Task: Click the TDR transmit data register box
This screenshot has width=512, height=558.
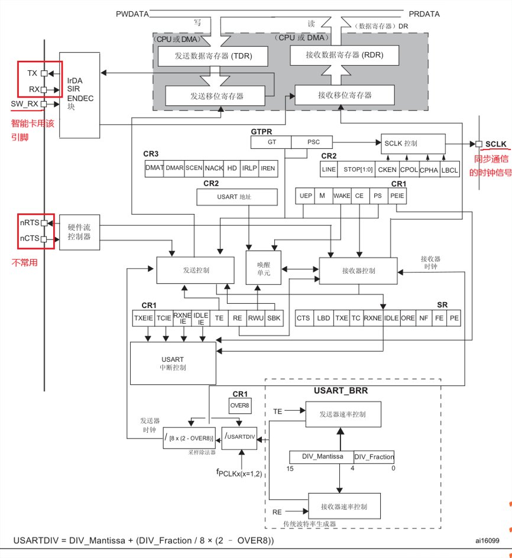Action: point(213,56)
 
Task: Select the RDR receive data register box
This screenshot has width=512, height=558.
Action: point(344,55)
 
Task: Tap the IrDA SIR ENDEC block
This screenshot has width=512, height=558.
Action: point(79,95)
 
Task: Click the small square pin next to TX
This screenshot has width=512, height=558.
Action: point(44,73)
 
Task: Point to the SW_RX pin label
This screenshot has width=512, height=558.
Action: point(24,104)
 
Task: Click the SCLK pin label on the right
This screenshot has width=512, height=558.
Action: point(495,144)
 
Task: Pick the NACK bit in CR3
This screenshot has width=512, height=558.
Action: point(214,168)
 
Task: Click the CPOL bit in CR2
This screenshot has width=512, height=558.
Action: point(409,170)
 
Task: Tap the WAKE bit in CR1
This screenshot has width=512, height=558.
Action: point(342,196)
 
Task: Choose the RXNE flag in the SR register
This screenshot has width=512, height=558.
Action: point(373,318)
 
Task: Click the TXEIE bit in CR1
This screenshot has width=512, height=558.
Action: point(144,318)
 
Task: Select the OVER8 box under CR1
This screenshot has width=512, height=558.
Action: point(240,405)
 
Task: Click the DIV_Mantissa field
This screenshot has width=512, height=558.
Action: point(322,456)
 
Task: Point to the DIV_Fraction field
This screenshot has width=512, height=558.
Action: point(374,456)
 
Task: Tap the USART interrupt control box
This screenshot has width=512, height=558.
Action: point(173,364)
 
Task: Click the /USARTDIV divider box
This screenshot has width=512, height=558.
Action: point(239,438)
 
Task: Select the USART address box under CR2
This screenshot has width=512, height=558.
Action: point(237,197)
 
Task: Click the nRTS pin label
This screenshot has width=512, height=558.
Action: point(30,223)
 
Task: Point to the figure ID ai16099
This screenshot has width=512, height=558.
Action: point(487,540)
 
